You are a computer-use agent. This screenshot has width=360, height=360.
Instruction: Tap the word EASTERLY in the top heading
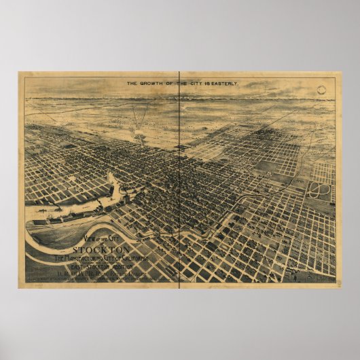(x=219, y=84)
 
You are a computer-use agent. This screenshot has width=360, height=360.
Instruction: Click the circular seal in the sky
(x=328, y=88)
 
